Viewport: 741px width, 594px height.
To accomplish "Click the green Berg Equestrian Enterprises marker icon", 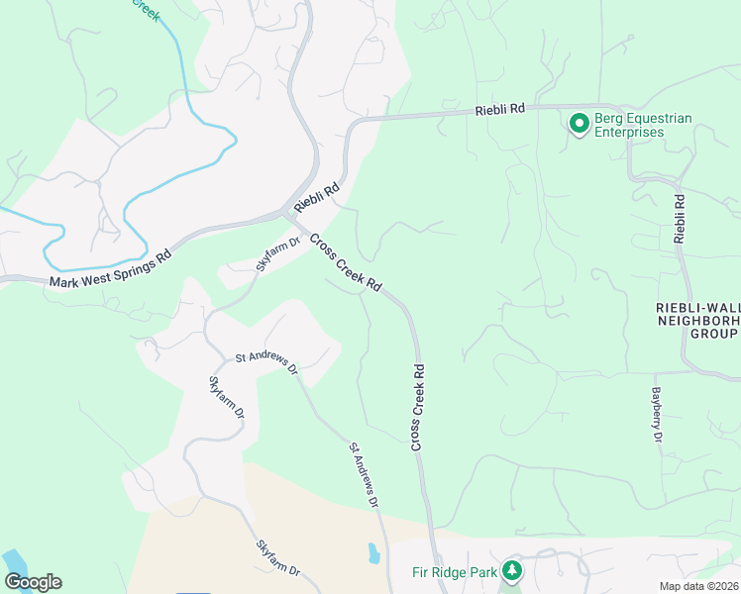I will pyautogui.click(x=579, y=124).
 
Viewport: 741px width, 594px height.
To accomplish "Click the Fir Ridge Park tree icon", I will pyautogui.click(x=512, y=571).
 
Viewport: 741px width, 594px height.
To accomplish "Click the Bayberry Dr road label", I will pyautogui.click(x=656, y=414).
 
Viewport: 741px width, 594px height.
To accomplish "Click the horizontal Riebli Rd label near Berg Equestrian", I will pyautogui.click(x=499, y=110).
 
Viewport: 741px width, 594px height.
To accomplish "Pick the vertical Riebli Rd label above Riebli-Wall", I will pyautogui.click(x=680, y=219).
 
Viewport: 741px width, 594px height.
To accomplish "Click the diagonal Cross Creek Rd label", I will pyautogui.click(x=346, y=262).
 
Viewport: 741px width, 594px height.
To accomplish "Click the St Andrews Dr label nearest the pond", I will pyautogui.click(x=364, y=476).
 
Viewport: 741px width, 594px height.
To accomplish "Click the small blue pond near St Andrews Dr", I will pyautogui.click(x=372, y=552).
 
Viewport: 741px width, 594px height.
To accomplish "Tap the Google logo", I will pyautogui.click(x=32, y=582).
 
